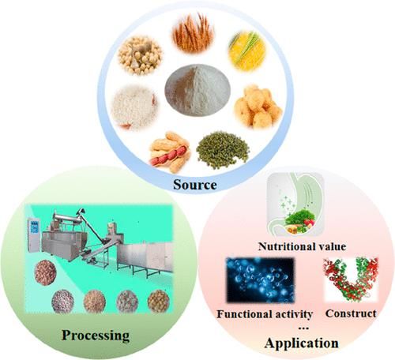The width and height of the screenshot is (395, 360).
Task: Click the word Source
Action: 195,185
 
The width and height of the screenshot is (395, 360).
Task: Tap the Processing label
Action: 96,336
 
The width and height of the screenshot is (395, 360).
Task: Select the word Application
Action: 302,343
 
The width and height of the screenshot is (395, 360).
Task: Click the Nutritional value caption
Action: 302,246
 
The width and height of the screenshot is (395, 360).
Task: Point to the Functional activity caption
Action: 265,314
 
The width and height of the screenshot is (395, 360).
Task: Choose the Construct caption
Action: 351,313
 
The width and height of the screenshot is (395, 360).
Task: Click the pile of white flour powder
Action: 197,90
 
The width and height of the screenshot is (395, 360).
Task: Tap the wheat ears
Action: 193,33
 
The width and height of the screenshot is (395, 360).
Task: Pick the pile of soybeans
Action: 140,55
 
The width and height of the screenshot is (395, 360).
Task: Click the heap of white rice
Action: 134,107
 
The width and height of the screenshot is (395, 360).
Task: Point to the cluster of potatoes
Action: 258,107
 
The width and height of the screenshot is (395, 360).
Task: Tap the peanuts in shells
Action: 170,152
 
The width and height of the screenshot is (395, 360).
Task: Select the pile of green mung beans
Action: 223,149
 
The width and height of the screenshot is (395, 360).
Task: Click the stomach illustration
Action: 295,204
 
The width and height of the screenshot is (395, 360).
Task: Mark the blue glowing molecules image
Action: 260,280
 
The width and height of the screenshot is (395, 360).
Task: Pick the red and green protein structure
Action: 351,279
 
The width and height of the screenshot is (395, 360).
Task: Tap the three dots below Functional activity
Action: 303,328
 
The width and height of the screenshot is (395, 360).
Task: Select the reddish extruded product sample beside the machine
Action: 45,272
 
